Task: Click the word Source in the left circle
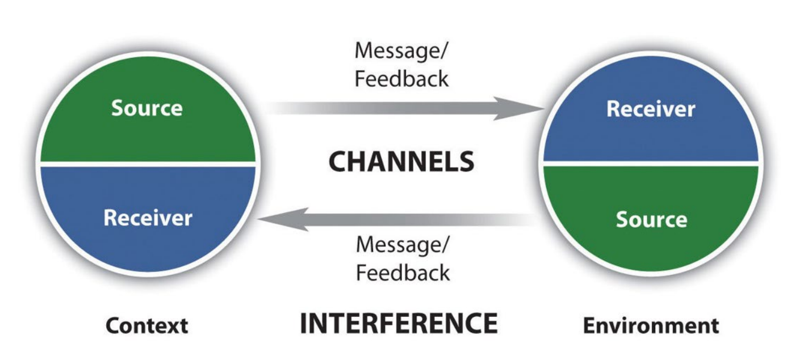pos(146,108)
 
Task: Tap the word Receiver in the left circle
pos(148,218)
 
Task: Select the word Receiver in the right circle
pos(650,109)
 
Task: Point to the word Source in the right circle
pos(651,219)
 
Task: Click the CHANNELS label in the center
pos(401,162)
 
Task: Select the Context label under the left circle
pos(146,326)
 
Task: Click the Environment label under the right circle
pos(651,326)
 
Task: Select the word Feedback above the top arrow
pos(401,78)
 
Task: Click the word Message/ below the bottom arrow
pos(403,245)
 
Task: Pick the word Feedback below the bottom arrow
pos(403,273)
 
